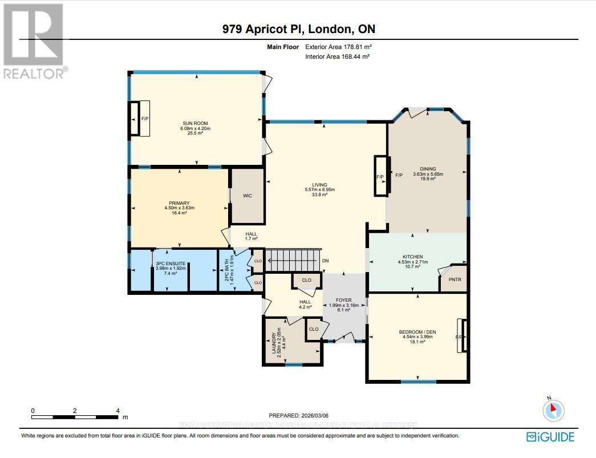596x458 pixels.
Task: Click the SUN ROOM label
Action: (195, 123)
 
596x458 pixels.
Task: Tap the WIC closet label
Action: (248, 196)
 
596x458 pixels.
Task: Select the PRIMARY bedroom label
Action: (179, 203)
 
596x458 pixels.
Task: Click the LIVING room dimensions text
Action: (319, 190)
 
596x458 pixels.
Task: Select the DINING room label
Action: (428, 169)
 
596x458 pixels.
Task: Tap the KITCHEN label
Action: (408, 257)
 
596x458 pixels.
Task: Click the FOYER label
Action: (343, 300)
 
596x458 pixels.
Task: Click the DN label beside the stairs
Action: (326, 261)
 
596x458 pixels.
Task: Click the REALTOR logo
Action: (34, 40)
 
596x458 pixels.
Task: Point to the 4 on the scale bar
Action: (117, 411)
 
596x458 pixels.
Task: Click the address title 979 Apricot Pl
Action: (298, 29)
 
